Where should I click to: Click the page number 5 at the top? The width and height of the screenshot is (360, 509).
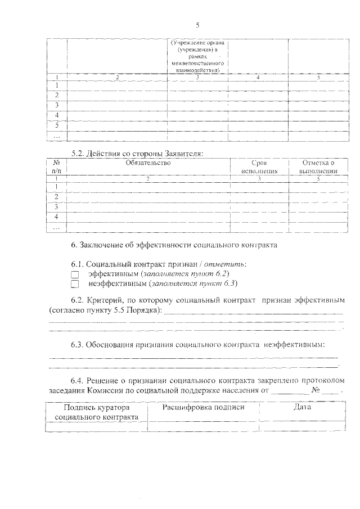[x=198, y=25]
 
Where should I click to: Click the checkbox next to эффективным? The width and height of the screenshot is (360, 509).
[x=75, y=274]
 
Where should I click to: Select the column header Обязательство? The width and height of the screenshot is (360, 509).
[x=148, y=163]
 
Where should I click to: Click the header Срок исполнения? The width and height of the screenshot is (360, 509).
[x=259, y=167]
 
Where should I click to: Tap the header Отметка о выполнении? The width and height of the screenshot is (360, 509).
[x=318, y=167]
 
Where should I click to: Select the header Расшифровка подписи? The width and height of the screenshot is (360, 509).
[x=203, y=408]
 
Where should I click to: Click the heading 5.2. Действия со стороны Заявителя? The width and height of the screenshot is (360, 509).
[x=137, y=153]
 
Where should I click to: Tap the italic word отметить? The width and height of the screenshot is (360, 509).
[x=225, y=264]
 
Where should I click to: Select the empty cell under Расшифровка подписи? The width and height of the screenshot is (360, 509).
[x=203, y=427]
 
